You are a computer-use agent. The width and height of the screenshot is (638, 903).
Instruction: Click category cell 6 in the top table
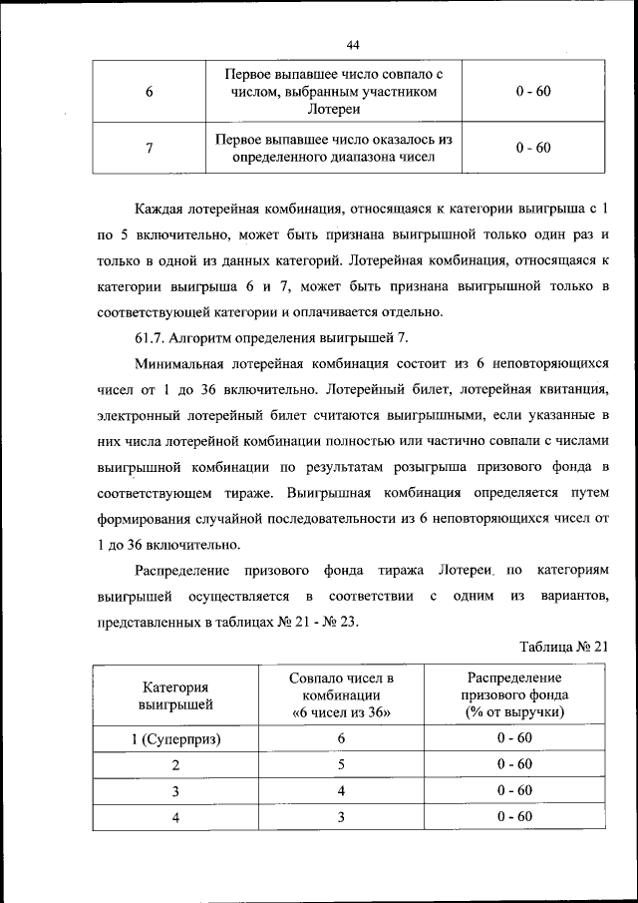pyautogui.click(x=149, y=92)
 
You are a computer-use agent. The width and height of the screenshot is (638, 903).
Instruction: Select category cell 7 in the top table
pyautogui.click(x=149, y=149)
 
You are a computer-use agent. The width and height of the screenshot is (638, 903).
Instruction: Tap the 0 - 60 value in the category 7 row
pyautogui.click(x=533, y=149)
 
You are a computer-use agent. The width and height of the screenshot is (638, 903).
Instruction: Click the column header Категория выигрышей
pyautogui.click(x=175, y=695)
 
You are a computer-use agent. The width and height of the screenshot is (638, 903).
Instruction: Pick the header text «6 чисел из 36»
pyautogui.click(x=341, y=712)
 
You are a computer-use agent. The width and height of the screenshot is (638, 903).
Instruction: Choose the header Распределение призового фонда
pyautogui.click(x=514, y=686)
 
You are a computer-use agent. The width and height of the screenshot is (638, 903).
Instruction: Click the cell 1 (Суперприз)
pyautogui.click(x=175, y=739)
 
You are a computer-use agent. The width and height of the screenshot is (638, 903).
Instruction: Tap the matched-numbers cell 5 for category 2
pyautogui.click(x=341, y=765)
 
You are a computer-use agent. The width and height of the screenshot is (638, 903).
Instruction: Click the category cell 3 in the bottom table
pyautogui.click(x=175, y=791)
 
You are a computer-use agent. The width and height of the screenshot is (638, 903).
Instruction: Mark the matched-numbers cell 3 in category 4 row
pyautogui.click(x=341, y=817)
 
